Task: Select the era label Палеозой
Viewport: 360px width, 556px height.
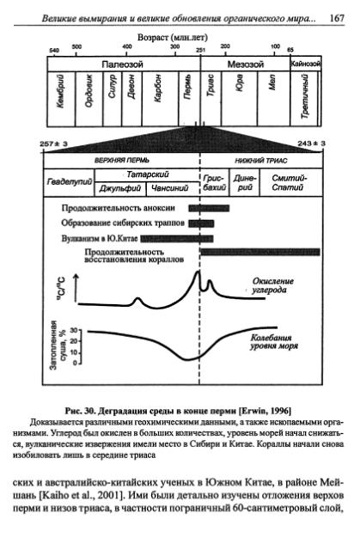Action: pos(125,64)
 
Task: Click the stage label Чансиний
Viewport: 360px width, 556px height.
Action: pos(168,187)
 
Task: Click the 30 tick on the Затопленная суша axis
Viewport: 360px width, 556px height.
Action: pos(75,331)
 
